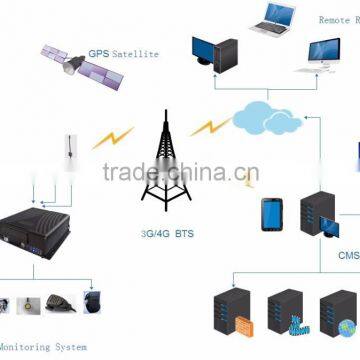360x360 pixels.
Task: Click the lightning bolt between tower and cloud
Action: pos(209,127)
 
